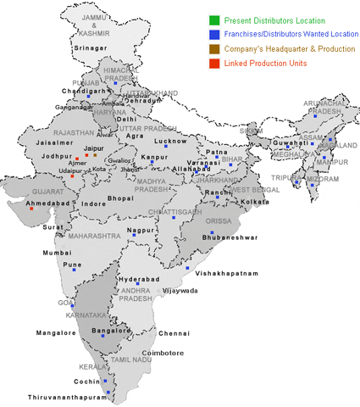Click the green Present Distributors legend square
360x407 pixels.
pos(215,19)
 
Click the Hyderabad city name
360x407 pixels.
pos(139,279)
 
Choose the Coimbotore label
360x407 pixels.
pos(162,353)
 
